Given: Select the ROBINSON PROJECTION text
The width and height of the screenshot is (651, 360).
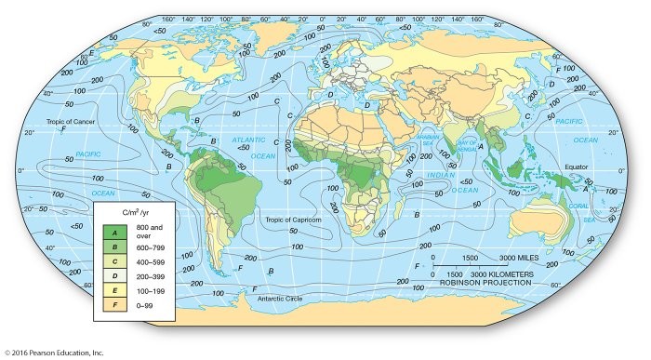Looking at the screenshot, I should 485,282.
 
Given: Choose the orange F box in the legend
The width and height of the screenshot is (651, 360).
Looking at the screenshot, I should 114,303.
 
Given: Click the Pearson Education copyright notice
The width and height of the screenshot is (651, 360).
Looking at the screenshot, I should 53,353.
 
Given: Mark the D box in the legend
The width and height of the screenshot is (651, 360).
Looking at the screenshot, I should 114,274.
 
